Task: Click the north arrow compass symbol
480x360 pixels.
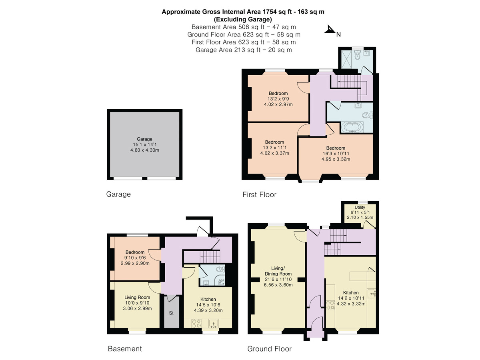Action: point(330,30)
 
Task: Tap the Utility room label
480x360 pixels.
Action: point(360,207)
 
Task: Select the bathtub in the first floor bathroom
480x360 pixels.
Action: point(352,127)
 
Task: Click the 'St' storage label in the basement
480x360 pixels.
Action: point(171,313)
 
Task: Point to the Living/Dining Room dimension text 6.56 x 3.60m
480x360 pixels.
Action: point(278,285)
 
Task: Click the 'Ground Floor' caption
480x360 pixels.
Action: point(270,349)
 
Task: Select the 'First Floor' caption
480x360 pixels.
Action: point(259,194)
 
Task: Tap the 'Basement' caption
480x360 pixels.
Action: point(125,349)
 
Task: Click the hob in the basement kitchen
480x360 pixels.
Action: point(196,323)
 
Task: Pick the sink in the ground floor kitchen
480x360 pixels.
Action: point(371,294)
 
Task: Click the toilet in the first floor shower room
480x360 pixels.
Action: point(357,55)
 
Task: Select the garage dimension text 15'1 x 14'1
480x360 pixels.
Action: point(144,144)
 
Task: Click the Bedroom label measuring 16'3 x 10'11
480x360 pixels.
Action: point(336,148)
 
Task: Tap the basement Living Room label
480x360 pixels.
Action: point(137,297)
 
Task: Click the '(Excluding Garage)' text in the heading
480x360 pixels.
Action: point(243,20)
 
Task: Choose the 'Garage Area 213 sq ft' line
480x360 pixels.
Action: point(244,50)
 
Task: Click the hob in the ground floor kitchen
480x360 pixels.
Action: point(330,305)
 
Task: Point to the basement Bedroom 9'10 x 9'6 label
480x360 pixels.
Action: point(135,252)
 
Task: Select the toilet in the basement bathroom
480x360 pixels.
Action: point(220,269)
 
